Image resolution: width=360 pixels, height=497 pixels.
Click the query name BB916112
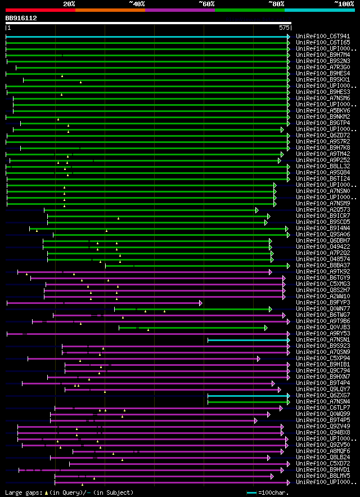point(21,18)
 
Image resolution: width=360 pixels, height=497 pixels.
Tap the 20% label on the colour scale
point(69,4)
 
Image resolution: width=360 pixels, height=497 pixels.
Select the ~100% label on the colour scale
point(343,4)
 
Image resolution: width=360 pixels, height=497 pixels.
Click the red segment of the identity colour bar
point(39,10)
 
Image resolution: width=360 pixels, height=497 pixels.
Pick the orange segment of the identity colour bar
point(110,10)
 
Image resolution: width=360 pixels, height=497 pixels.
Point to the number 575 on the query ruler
point(283,27)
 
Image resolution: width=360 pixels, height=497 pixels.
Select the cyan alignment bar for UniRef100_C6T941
point(146,37)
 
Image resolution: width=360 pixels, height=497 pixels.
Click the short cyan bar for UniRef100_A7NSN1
point(247,340)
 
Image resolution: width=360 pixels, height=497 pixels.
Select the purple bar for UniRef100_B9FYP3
point(104,303)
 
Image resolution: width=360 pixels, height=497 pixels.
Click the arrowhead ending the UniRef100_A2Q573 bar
point(257,210)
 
